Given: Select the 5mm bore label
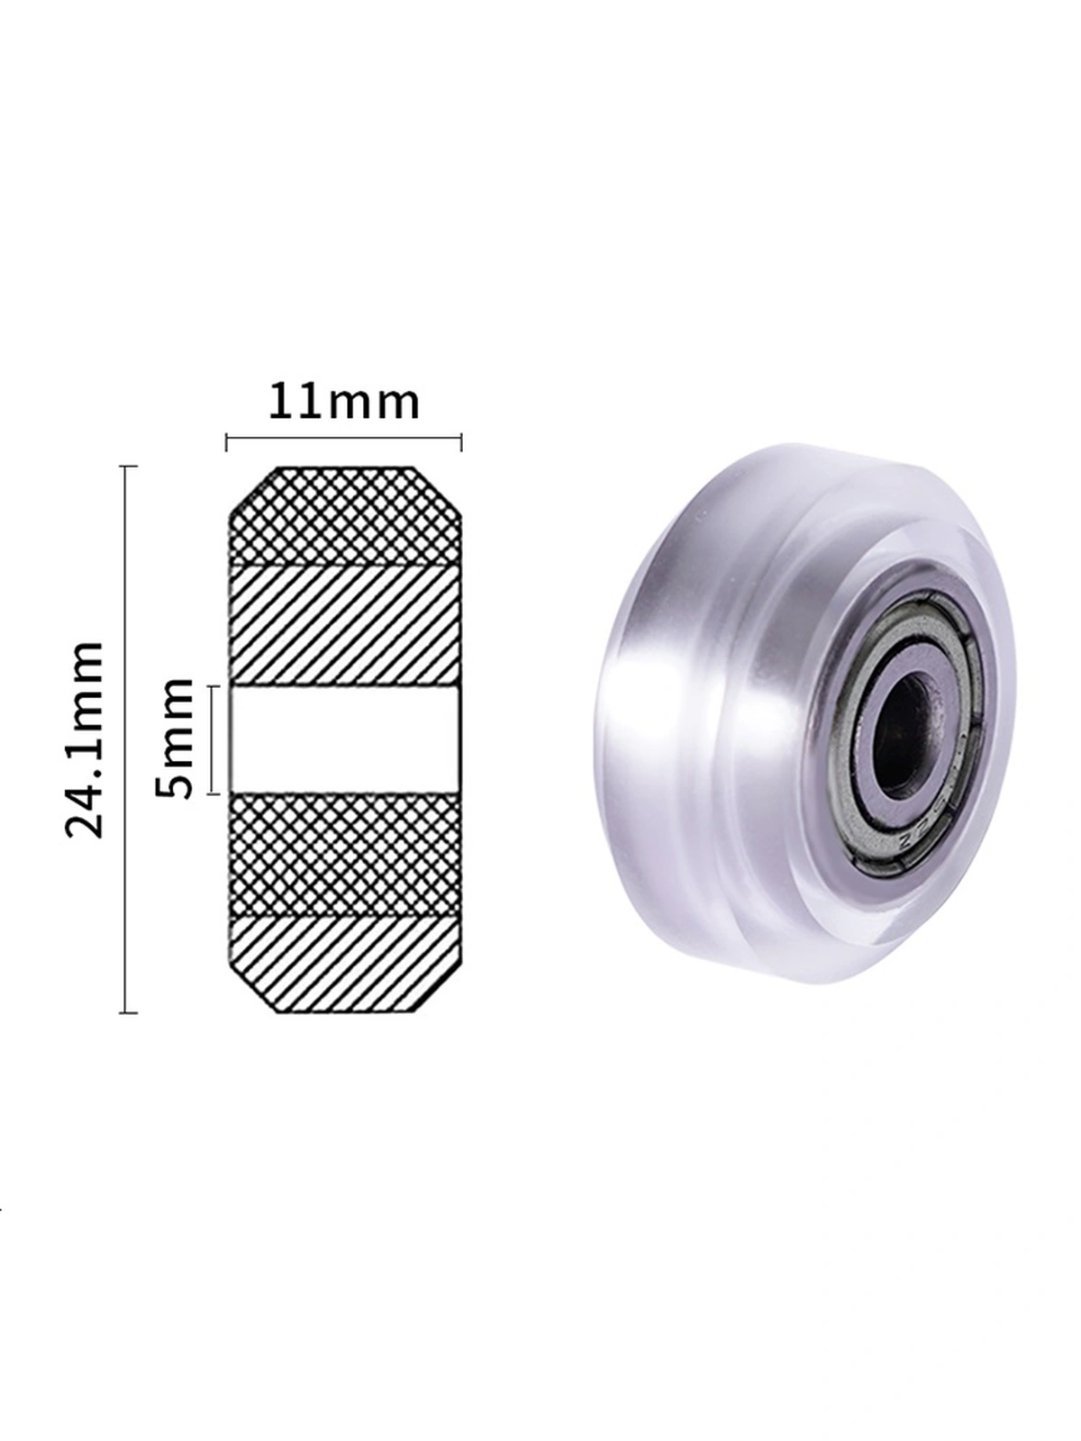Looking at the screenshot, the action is (176, 739).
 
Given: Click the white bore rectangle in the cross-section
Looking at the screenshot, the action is (343, 739).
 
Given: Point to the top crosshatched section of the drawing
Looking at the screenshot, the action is (345, 517).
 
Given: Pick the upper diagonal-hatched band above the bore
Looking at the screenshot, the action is (345, 626).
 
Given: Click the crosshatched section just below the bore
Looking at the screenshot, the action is (345, 854).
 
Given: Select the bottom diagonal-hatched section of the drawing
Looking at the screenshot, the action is (345, 965).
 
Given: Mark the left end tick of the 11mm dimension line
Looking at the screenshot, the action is (226, 443).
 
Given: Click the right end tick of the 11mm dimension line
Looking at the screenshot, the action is (461, 443).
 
